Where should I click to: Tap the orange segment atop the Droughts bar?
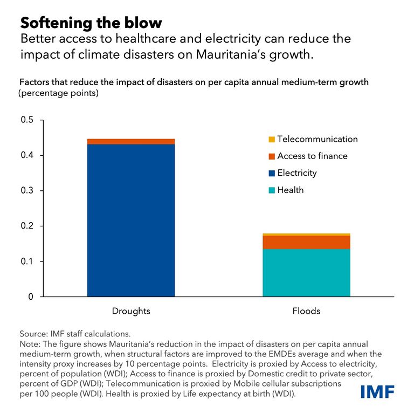pyautogui.click(x=131, y=141)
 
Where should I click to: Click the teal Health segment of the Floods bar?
pyautogui.click(x=306, y=273)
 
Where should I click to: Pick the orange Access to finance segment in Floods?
pyautogui.click(x=306, y=242)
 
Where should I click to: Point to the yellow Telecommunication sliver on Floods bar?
pyautogui.click(x=306, y=234)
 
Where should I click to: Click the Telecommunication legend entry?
pyautogui.click(x=312, y=139)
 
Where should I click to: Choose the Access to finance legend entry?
pyautogui.click(x=307, y=156)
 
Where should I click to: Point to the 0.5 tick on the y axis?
pyautogui.click(x=26, y=120)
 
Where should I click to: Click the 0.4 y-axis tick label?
pyautogui.click(x=26, y=155)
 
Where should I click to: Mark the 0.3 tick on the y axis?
pyautogui.click(x=26, y=191)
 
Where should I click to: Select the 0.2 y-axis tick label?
pyautogui.click(x=26, y=226)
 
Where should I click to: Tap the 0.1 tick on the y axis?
pyautogui.click(x=26, y=261)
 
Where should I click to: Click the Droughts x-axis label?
pyautogui.click(x=131, y=312)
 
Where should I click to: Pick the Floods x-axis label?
pyautogui.click(x=306, y=312)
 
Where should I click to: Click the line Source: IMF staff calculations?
pyautogui.click(x=75, y=334)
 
